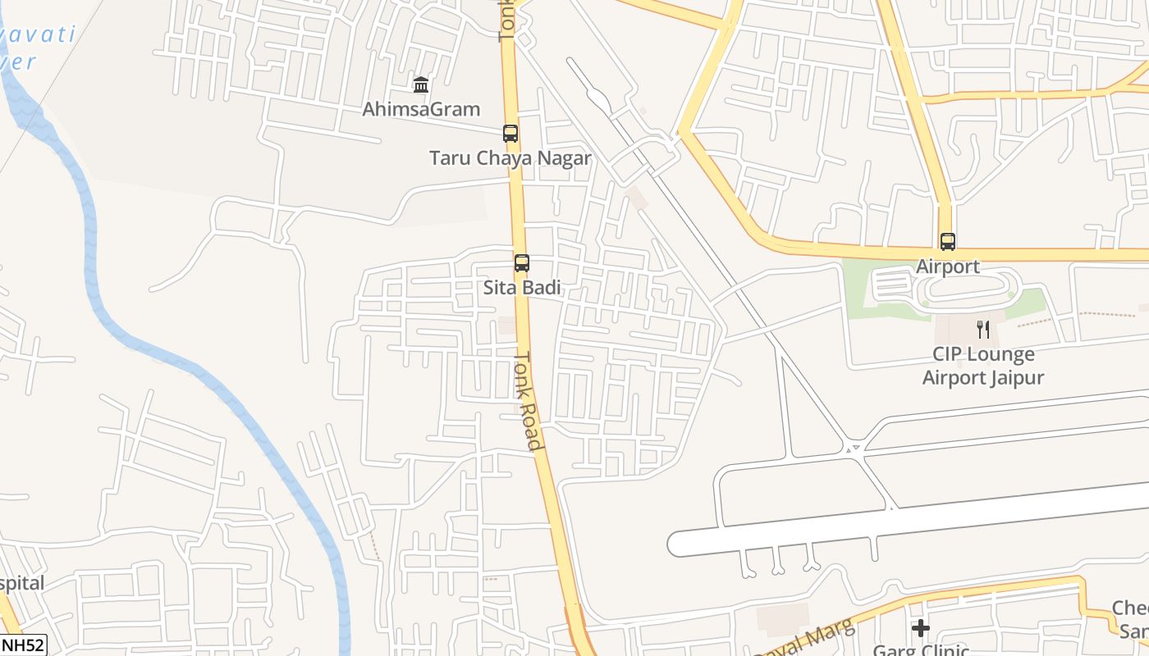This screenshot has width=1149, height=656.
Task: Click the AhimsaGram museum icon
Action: tap(421, 84)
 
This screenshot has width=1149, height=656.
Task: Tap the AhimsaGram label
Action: tap(421, 109)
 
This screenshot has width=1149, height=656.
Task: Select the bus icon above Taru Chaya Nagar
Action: tap(510, 133)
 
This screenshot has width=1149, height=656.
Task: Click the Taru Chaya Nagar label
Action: tap(510, 158)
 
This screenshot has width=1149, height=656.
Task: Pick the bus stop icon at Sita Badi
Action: tap(521, 263)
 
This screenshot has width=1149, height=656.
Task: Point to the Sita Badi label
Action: tap(522, 288)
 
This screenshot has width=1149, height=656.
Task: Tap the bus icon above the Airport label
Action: tap(948, 242)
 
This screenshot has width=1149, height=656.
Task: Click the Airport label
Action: tap(948, 266)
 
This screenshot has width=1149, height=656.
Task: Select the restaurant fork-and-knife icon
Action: tap(982, 330)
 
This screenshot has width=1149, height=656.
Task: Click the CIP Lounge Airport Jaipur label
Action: tap(983, 366)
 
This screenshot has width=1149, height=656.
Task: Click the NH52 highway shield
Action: tap(22, 645)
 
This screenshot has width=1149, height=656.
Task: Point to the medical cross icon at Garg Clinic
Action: tap(921, 628)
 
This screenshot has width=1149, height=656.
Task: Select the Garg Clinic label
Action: tap(920, 650)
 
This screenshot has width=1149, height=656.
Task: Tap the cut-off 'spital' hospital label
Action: tap(22, 584)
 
